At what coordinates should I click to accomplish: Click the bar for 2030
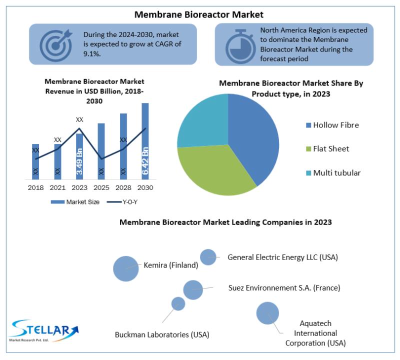tap(145, 141)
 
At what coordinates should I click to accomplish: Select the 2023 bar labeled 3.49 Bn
tap(79, 156)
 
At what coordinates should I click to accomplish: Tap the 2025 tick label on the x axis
tap(101, 188)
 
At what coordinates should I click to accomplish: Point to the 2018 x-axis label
tap(35, 188)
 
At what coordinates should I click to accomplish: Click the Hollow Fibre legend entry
tap(332, 125)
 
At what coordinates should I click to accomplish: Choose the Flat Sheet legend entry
tap(327, 148)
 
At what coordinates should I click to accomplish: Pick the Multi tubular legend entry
tap(333, 172)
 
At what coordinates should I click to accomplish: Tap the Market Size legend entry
tap(75, 202)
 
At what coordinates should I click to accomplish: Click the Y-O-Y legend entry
tap(122, 202)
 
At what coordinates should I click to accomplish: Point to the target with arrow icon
tap(56, 45)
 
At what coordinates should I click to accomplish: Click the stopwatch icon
tap(240, 46)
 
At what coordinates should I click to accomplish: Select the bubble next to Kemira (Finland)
tap(126, 268)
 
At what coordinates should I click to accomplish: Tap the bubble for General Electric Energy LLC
tap(208, 257)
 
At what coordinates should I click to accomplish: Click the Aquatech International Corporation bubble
tap(267, 313)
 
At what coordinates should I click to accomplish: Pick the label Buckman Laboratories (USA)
tap(162, 334)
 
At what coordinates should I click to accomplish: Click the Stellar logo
tap(44, 330)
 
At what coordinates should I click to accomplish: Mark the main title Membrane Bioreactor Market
tap(198, 14)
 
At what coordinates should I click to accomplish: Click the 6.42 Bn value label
tap(145, 160)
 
